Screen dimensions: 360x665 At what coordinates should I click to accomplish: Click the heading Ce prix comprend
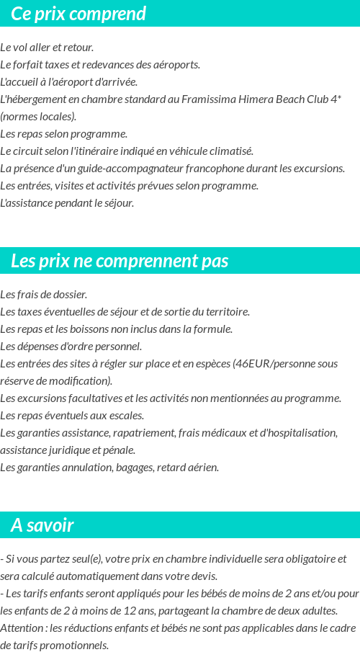tap(78, 14)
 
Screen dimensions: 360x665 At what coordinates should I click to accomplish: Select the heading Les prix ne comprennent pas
tap(120, 261)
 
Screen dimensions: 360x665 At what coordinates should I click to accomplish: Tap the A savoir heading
tap(42, 525)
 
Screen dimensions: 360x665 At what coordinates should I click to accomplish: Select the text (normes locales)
tap(38, 117)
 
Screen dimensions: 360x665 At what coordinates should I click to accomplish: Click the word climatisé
tap(229, 151)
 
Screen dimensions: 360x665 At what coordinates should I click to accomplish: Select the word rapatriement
tap(145, 433)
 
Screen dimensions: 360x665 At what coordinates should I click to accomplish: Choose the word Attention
tap(21, 628)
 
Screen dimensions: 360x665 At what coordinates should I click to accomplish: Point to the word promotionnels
tap(76, 646)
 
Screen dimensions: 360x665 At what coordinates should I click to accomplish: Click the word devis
tap(203, 576)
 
